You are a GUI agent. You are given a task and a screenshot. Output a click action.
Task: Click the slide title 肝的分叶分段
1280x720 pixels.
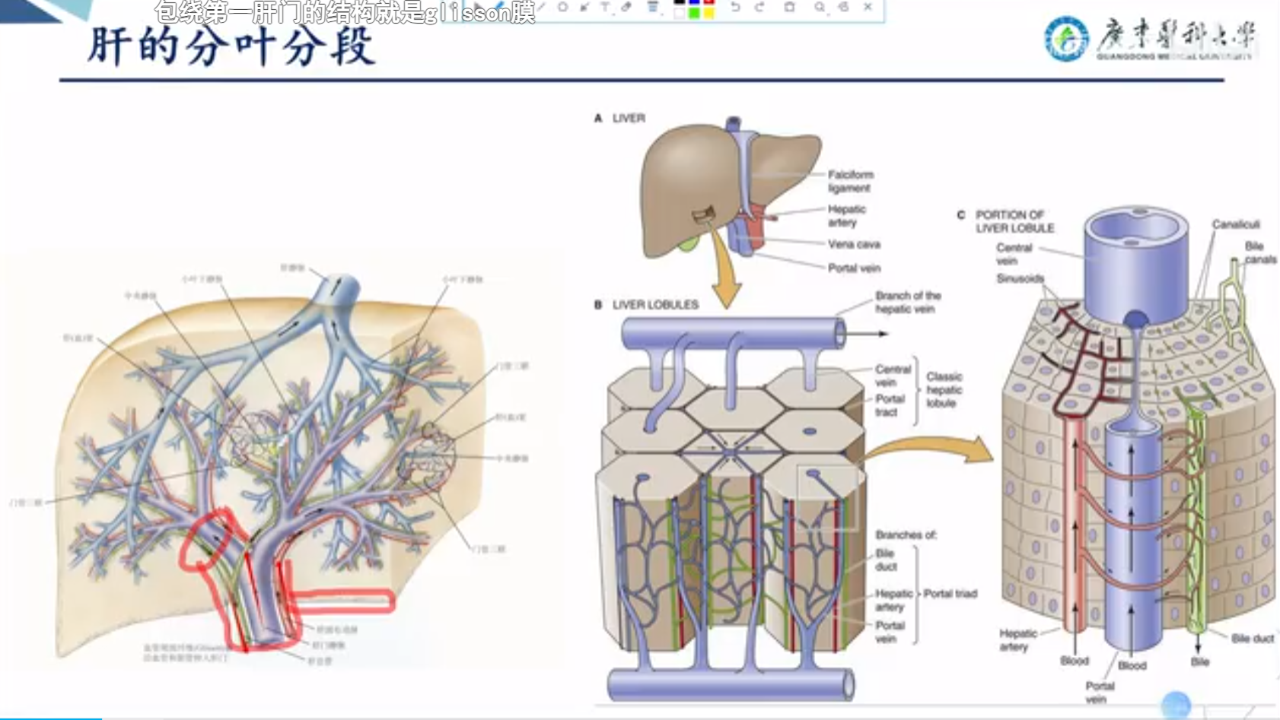[231, 47]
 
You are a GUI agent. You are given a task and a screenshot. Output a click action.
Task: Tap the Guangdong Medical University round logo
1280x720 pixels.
[1065, 40]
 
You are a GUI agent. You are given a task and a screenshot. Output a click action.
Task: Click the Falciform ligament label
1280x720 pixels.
[850, 181]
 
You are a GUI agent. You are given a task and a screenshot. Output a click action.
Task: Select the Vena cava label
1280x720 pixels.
[854, 244]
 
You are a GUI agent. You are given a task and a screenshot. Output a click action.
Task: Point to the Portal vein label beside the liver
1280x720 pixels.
[854, 268]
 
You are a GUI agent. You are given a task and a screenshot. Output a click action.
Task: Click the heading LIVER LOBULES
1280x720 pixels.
[654, 305]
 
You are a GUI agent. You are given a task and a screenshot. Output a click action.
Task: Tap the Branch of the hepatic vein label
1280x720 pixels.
[907, 302]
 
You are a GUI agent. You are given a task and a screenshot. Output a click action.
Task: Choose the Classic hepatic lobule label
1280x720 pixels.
[944, 389]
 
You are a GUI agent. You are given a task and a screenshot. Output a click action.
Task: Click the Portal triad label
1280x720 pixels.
[950, 594]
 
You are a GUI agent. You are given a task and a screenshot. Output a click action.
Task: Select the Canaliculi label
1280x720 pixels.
[1235, 224]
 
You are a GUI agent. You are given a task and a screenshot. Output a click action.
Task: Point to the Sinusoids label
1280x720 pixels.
[1020, 278]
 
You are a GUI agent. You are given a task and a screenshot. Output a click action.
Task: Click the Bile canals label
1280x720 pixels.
[1259, 252]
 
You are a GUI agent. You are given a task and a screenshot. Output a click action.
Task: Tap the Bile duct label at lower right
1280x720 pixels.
[1252, 639]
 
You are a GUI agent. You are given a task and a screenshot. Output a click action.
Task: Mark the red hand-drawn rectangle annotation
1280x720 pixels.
[342, 601]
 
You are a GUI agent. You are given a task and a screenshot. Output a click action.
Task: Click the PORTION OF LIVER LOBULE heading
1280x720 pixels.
[1014, 221]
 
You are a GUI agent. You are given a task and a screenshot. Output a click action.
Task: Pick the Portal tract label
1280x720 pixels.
[889, 405]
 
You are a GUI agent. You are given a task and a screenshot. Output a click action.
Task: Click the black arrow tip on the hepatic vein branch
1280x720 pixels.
[883, 334]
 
